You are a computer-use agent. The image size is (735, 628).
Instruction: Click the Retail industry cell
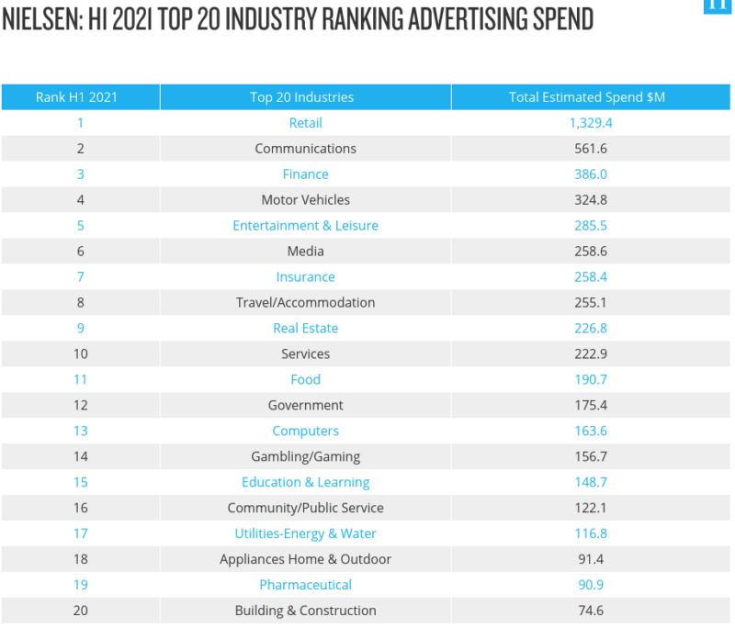point(305,123)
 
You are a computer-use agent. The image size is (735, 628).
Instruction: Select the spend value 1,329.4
point(591,123)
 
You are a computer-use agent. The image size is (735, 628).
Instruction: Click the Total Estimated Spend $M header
point(587,97)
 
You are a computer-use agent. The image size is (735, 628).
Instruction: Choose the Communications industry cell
point(305,149)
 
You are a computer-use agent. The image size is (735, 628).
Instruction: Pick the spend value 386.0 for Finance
point(591,174)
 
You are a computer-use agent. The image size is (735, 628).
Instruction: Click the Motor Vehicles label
point(305,200)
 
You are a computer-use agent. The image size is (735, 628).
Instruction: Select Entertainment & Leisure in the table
point(305,226)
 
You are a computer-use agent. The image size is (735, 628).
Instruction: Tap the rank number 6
point(81,252)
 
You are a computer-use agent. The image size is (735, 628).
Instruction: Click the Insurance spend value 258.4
point(591,277)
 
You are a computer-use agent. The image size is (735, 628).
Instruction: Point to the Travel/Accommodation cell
point(305,303)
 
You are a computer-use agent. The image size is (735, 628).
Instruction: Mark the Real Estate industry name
point(305,329)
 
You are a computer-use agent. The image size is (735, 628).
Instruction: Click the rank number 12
point(81,406)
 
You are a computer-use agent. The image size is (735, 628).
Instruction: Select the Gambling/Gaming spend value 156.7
point(591,457)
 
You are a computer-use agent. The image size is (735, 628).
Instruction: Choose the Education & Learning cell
point(305,483)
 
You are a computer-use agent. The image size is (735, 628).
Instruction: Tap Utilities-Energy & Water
point(305,534)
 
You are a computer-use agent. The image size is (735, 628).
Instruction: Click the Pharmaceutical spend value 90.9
point(591,586)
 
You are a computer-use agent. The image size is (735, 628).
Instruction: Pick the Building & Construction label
point(305,611)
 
